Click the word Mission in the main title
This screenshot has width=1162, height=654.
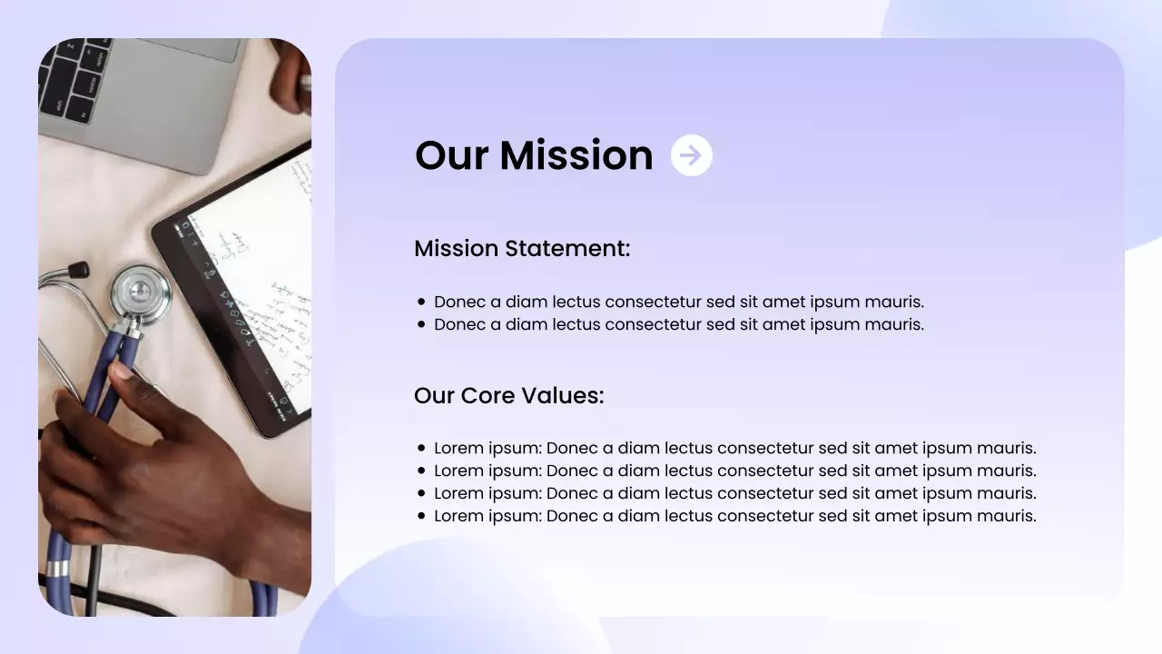pyautogui.click(x=576, y=155)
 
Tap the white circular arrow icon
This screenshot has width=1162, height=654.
pyautogui.click(x=692, y=155)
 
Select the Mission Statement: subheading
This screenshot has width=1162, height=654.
pyautogui.click(x=522, y=249)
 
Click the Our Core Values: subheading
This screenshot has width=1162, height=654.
pyautogui.click(x=508, y=396)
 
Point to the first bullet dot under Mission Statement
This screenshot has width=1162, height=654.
pyautogui.click(x=421, y=302)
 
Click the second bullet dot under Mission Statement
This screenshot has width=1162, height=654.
pyautogui.click(x=421, y=325)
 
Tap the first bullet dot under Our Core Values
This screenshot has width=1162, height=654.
pyautogui.click(x=421, y=449)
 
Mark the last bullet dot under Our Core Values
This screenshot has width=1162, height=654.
pyautogui.click(x=421, y=516)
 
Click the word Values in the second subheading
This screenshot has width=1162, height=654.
pyautogui.click(x=568, y=396)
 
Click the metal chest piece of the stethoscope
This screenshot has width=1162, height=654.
pyautogui.click(x=141, y=292)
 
